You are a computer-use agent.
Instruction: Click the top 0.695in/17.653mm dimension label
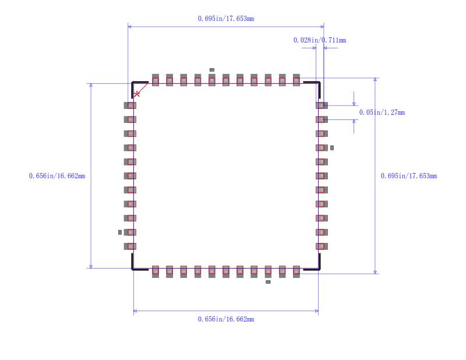(225, 19)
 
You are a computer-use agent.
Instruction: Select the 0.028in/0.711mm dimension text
(319, 40)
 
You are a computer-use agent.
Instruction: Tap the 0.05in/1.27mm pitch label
(382, 112)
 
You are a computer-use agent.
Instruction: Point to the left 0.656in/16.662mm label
(57, 176)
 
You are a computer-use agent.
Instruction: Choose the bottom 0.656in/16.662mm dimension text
(225, 319)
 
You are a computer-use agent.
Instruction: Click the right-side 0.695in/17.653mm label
(408, 176)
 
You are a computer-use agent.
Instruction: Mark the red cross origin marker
(137, 94)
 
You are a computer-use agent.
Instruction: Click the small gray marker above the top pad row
(212, 70)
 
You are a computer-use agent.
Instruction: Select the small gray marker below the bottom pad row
(268, 282)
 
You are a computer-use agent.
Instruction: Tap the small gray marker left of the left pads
(120, 232)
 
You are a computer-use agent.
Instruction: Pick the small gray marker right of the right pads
(332, 147)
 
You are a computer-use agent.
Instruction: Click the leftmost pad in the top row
(156, 80)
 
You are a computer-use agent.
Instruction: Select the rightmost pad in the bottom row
(296, 271)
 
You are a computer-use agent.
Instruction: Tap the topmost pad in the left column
(130, 105)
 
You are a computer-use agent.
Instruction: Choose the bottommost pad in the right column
(322, 246)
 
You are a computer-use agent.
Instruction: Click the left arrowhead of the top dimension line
(129, 27)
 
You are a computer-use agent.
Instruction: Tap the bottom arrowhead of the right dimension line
(375, 271)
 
